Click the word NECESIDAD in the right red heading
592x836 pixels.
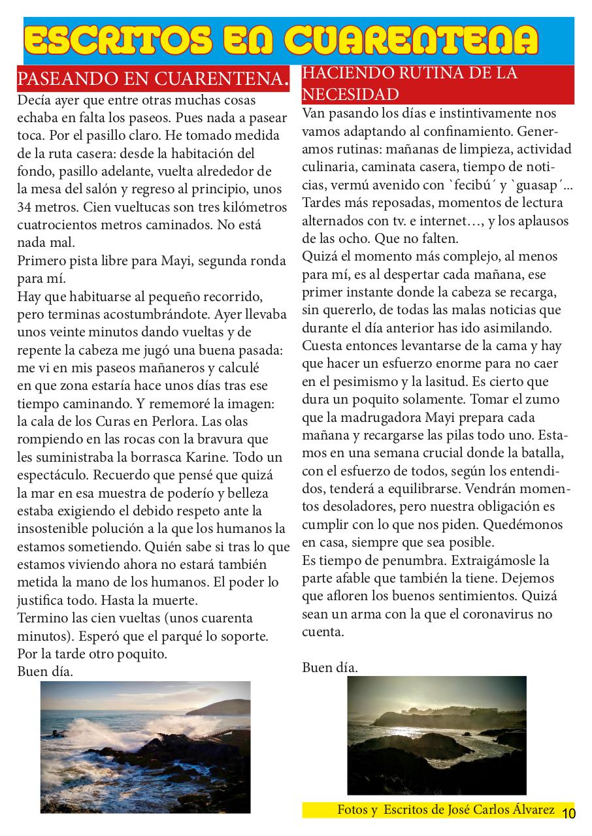coord(350,94)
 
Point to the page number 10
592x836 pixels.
coord(568,813)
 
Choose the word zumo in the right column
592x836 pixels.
coord(527,399)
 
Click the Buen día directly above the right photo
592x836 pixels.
coord(330,667)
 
